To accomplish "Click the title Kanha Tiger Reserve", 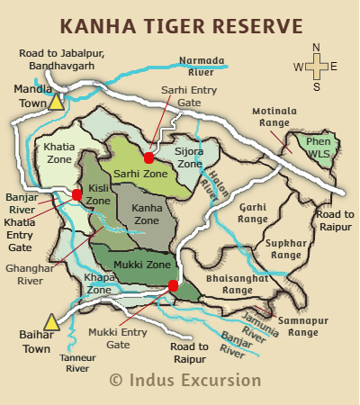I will point(180,24).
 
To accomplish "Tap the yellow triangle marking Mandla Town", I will point(57,103).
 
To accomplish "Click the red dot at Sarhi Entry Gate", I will point(148,157).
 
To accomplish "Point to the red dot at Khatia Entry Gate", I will point(77,194).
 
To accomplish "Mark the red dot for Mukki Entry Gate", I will point(172,286).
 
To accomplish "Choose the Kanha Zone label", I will point(146,214).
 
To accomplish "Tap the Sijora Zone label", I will point(189,158).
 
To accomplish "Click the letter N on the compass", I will point(315,48).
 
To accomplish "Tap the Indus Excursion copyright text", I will point(185,380).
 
